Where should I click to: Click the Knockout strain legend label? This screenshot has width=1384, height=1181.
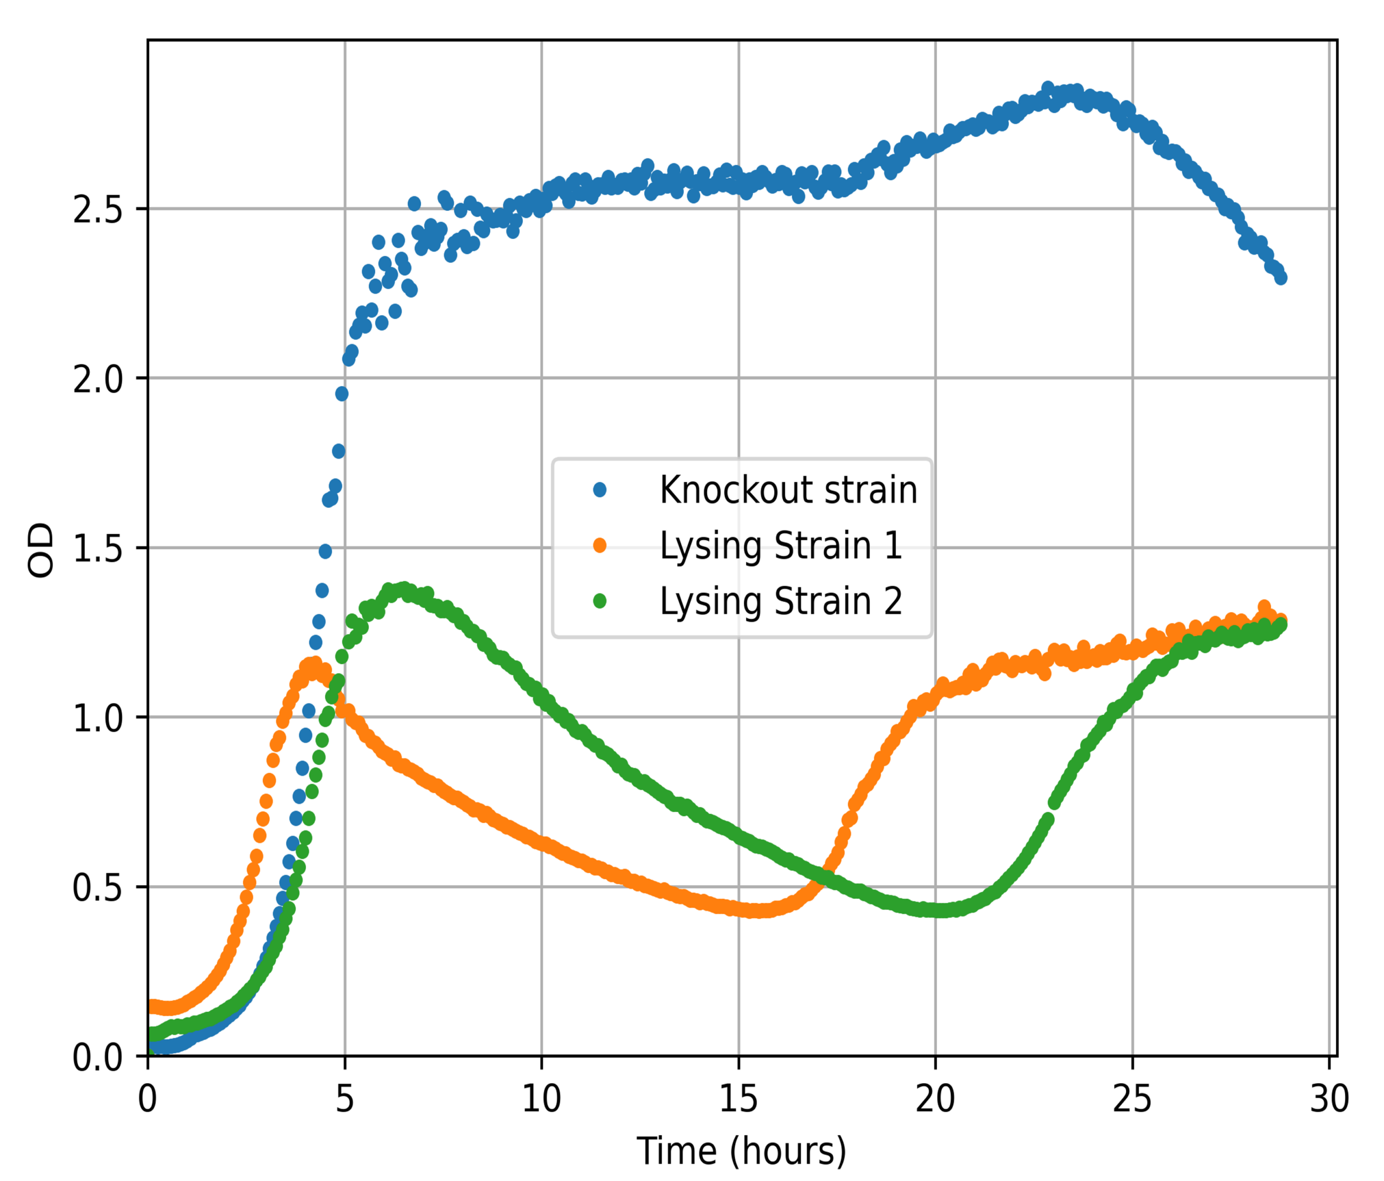click(x=788, y=490)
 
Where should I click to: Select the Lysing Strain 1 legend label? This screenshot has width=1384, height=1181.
click(x=781, y=546)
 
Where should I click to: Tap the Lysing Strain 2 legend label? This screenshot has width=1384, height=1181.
click(x=781, y=601)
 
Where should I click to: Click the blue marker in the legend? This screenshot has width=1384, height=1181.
click(x=600, y=490)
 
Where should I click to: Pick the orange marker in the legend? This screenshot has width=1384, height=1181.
click(x=600, y=546)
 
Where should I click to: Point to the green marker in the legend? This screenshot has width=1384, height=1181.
click(x=600, y=601)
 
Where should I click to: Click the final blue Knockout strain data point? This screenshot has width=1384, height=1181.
click(x=1280, y=277)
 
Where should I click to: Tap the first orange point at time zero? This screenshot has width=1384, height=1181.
click(x=152, y=1006)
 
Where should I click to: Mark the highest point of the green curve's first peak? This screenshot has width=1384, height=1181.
click(x=403, y=588)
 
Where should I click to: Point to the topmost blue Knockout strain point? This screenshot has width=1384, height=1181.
click(x=1048, y=88)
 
